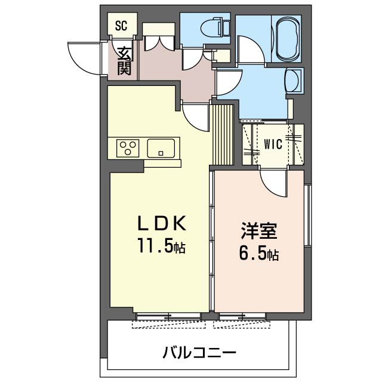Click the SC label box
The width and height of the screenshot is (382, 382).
tap(122, 26)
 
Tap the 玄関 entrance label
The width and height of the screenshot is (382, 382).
tap(124, 61)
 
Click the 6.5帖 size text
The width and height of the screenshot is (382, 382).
tap(257, 255)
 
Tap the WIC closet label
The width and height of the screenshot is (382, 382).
tap(273, 144)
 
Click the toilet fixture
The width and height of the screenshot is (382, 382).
tap(210, 27)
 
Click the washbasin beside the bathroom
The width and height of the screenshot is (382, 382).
tap(294, 81)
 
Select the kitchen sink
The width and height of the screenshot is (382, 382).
tap(162, 147)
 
